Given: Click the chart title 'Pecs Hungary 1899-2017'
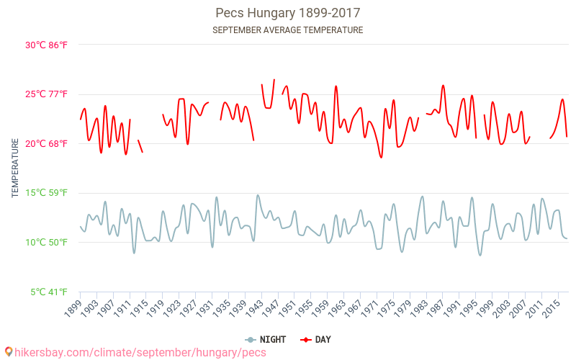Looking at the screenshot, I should (x=288, y=13).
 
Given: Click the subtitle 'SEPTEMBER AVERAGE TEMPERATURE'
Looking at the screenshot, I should (x=288, y=30).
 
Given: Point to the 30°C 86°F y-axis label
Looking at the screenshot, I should (x=47, y=45).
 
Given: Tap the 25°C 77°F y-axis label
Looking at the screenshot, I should (x=47, y=94).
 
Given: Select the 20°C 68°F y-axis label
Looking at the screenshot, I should (x=47, y=144).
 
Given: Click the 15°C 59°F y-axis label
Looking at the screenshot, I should (x=47, y=193).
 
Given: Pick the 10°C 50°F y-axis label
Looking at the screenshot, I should (x=47, y=242).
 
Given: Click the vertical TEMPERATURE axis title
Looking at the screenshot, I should (x=15, y=168).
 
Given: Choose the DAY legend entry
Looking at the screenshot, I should (x=316, y=339).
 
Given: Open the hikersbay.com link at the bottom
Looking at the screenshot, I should (x=140, y=352).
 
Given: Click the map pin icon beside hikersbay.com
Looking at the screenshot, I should (x=8, y=352).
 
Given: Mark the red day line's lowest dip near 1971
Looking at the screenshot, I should (x=382, y=157).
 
